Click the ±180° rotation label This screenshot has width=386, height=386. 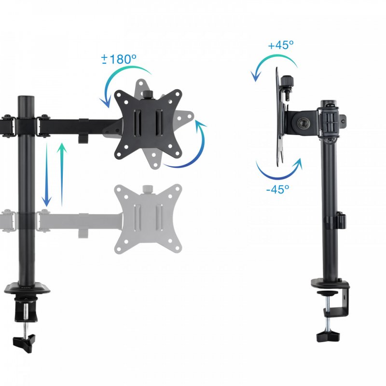[x=119, y=59]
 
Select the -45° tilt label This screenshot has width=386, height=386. [x=277, y=189]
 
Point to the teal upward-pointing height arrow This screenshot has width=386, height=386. [x=62, y=171]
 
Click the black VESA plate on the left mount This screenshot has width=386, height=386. [x=148, y=124]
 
